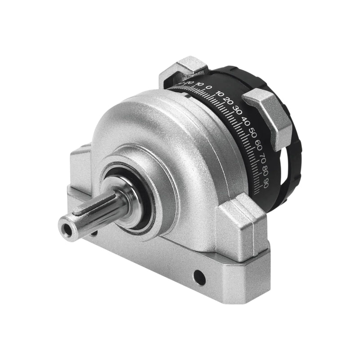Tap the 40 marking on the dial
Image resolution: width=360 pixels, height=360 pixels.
(x=246, y=121)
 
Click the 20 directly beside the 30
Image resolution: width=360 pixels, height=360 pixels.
(x=229, y=103)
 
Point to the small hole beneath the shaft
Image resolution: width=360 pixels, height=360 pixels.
(x=94, y=234)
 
